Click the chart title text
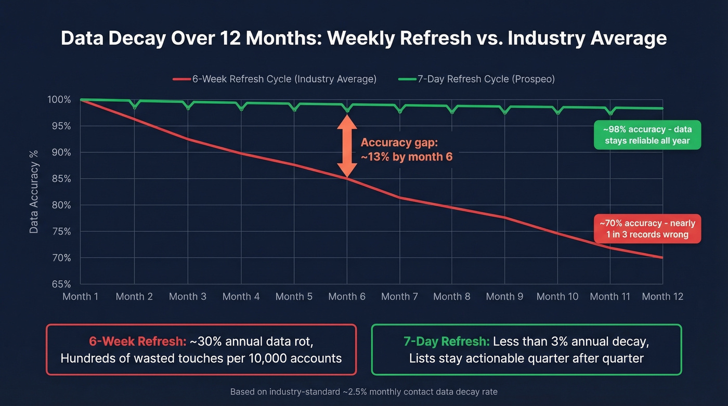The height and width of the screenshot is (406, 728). coord(363,38)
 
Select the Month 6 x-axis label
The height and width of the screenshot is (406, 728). coord(347,296)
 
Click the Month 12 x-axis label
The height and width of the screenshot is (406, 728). coord(662,296)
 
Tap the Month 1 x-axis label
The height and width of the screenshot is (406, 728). coord(81,296)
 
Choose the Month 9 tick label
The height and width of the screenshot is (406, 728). coord(504,296)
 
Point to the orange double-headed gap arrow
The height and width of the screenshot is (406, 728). coord(347,146)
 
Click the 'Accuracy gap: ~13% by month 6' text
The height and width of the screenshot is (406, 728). coord(407,150)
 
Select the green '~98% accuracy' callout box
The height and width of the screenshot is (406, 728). coord(647,135)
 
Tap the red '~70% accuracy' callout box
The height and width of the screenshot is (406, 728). coord(647,229)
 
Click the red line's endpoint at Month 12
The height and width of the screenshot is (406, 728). coord(662,257)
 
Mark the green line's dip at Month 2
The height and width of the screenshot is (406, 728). coord(135,107)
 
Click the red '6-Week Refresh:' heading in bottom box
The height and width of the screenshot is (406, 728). coord(137,342)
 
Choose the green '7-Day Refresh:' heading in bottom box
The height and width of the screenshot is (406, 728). coord(446,342)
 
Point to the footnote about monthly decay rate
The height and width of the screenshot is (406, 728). coord(363,391)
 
